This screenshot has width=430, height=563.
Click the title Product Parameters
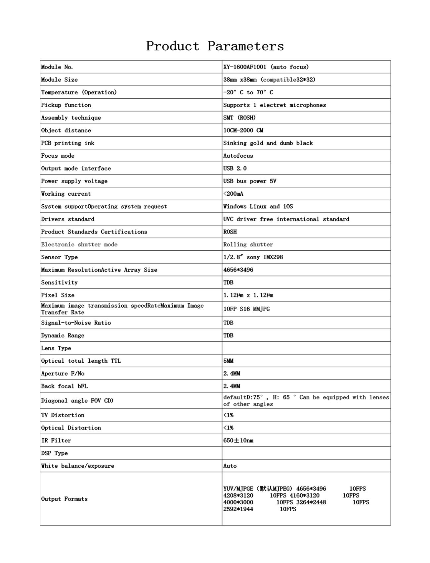215,46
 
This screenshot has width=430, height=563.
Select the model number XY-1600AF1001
245,67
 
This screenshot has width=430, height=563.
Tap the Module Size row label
60,80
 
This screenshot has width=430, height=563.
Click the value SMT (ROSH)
239,118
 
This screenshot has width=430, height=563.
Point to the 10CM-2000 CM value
243,130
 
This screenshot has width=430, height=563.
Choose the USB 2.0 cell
235,169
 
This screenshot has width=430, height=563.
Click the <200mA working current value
233,194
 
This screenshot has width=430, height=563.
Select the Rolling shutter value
248,245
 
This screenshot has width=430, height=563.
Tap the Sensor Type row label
60,257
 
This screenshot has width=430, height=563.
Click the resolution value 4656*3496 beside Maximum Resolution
238,270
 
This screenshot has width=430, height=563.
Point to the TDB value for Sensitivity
228,282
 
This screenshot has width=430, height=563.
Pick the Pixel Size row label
58,295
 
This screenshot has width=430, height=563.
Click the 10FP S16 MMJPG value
246,309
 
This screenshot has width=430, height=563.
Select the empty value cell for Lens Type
306,348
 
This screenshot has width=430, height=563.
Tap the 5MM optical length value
228,361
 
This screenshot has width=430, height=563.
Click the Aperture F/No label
63,374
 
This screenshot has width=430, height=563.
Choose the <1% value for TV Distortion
228,415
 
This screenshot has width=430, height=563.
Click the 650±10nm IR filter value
238,441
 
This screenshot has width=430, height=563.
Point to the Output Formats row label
64,499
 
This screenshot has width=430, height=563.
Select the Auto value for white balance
230,466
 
